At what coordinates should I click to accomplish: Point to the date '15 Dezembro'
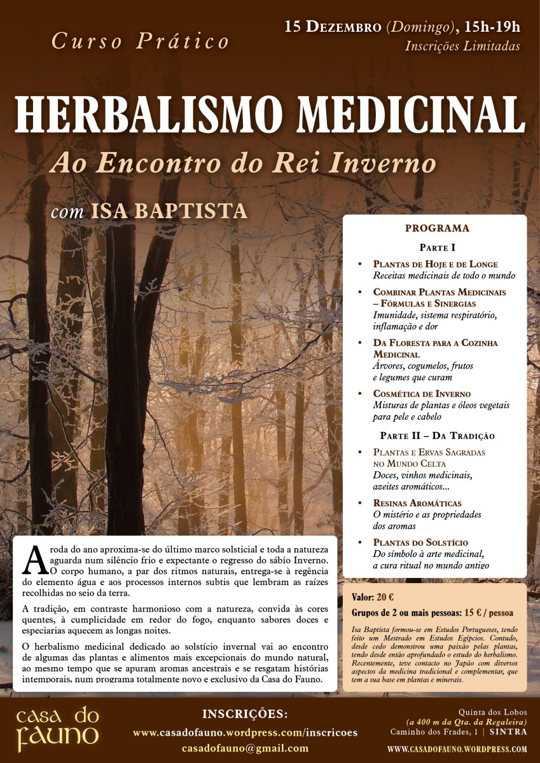333,27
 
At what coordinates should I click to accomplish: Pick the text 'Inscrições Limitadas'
462,46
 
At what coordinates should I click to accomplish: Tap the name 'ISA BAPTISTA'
169,210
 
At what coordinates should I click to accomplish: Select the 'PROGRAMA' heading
437,228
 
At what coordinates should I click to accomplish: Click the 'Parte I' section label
437,247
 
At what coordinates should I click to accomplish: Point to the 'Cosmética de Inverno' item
422,394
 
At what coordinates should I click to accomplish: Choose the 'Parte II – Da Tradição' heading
437,436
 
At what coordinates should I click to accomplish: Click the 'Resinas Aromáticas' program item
418,503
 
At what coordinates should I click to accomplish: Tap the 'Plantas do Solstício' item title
420,542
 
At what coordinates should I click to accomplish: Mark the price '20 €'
385,598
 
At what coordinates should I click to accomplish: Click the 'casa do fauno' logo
57,727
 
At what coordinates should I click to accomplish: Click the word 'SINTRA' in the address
508,732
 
